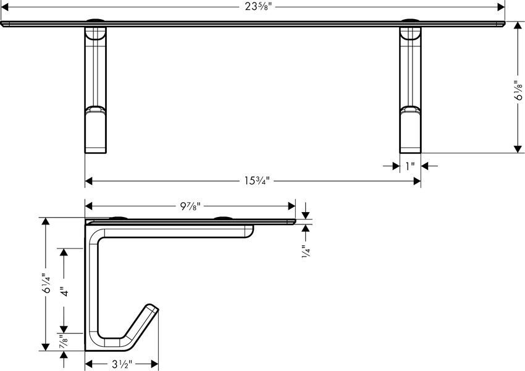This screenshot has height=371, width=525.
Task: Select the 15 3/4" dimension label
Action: tap(256, 181)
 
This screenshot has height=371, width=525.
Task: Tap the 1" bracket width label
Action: tap(410, 166)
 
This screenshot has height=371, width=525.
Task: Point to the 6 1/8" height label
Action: tap(518, 90)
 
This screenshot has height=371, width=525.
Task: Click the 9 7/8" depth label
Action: tap(190, 206)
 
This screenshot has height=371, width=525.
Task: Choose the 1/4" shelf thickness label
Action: tap(306, 251)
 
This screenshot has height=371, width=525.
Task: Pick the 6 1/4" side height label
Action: tap(46, 283)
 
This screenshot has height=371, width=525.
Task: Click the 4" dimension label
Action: tap(64, 291)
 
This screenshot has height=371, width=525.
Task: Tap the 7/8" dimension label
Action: tap(64, 342)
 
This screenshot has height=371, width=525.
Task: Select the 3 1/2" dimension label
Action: tap(122, 364)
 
